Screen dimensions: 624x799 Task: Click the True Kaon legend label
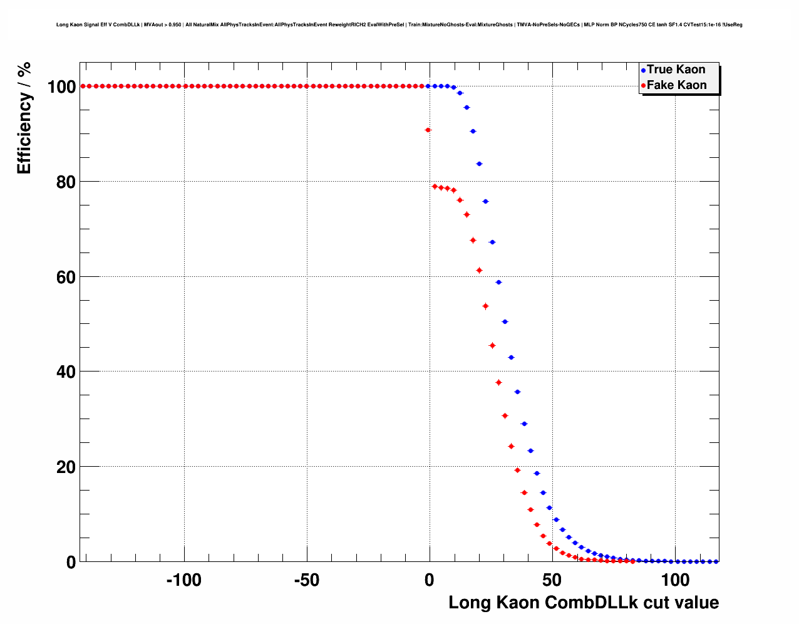(676, 70)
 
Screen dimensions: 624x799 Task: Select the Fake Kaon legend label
(676, 85)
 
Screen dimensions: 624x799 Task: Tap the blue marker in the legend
(643, 70)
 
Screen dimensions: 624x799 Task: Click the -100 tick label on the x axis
(183, 580)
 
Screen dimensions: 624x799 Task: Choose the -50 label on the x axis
(306, 580)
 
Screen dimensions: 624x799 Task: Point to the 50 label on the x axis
(552, 580)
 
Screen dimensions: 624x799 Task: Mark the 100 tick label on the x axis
(675, 580)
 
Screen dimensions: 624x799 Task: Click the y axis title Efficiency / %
(24, 118)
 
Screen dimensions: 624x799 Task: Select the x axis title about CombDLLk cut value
(584, 603)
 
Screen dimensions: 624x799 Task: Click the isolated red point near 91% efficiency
(428, 130)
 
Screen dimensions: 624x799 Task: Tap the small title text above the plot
(399, 25)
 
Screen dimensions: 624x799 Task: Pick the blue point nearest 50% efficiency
(505, 321)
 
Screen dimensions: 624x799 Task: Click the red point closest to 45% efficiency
(492, 345)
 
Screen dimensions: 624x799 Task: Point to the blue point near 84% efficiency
(479, 164)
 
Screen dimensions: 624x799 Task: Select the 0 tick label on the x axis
(429, 580)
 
